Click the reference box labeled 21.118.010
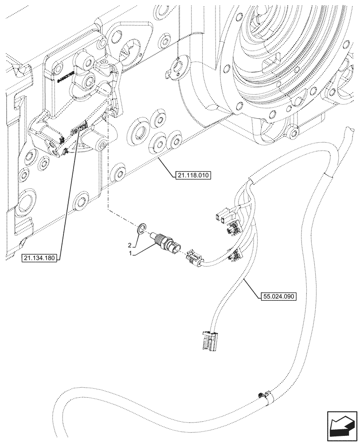pos(191,175)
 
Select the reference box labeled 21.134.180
pos(40,258)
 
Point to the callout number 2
pos(130,245)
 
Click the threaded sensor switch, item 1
pos(165,243)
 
